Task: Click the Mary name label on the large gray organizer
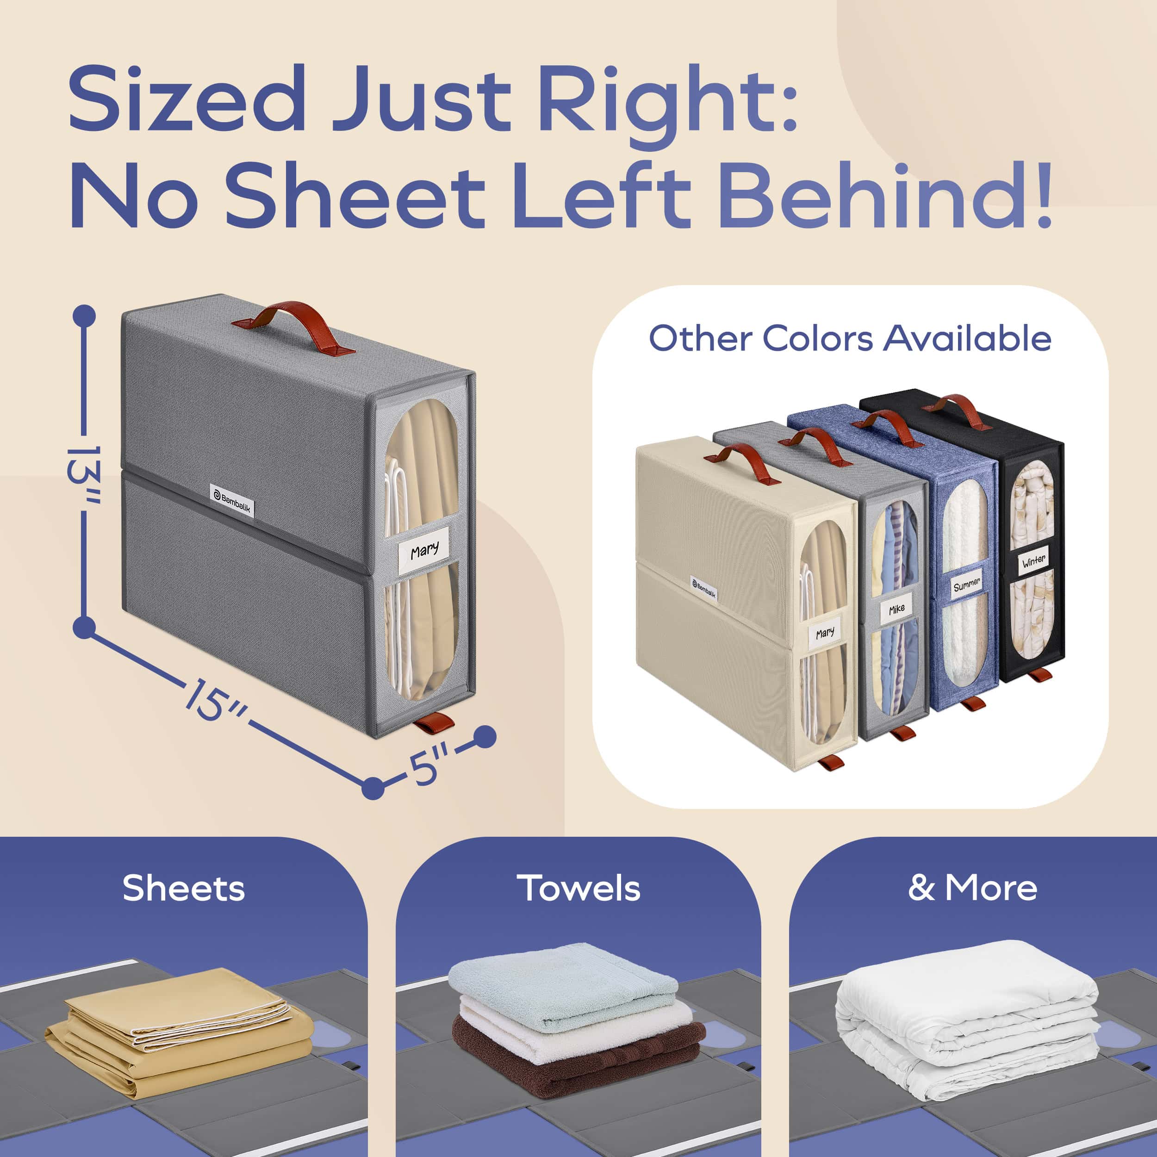click(x=424, y=550)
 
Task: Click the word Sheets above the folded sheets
click(x=184, y=888)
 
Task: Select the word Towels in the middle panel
click(x=578, y=888)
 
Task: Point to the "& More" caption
click(x=972, y=888)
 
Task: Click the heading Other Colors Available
click(x=850, y=338)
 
